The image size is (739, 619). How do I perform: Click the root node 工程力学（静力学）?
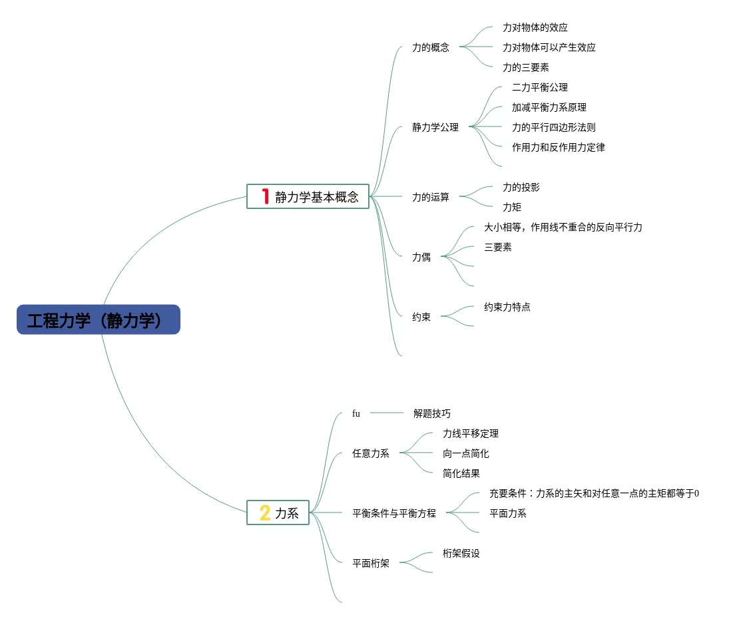click(x=99, y=320)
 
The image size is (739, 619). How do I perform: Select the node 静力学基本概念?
click(x=317, y=196)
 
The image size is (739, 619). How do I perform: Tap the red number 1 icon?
click(x=265, y=196)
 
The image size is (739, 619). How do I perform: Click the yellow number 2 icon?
click(x=264, y=513)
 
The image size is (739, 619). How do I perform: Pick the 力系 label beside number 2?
click(x=287, y=513)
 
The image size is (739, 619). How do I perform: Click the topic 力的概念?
click(x=431, y=47)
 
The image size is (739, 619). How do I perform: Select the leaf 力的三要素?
click(x=526, y=67)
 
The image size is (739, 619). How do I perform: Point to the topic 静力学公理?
click(x=435, y=127)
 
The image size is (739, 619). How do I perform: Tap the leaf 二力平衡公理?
click(x=540, y=87)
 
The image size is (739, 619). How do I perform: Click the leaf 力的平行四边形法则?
click(x=554, y=127)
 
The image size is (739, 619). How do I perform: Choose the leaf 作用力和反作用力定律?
click(x=559, y=147)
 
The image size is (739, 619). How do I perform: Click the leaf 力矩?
click(x=512, y=207)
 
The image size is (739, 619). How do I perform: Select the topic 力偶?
click(x=421, y=257)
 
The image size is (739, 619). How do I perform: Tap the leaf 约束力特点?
click(x=507, y=307)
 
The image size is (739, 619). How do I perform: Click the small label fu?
click(x=356, y=413)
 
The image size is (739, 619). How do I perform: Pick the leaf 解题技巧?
click(x=432, y=413)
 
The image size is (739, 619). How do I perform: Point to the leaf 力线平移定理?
click(x=471, y=433)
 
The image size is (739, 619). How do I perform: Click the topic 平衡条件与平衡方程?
click(x=394, y=513)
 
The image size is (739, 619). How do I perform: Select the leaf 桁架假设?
click(x=461, y=553)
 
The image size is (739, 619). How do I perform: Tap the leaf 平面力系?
click(x=508, y=513)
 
